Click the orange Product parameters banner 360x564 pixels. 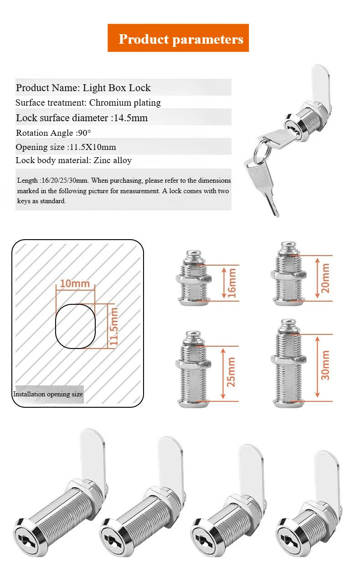tap(178, 38)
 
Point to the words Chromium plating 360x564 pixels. tap(125, 103)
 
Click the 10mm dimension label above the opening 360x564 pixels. tap(75, 284)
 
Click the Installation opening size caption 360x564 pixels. tap(48, 394)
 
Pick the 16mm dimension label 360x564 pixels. tap(232, 282)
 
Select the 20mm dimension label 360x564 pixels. tap(325, 278)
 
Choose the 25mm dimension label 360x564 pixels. tap(231, 371)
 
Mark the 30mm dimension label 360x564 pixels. tap(325, 365)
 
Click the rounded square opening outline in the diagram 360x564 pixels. tap(75, 325)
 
